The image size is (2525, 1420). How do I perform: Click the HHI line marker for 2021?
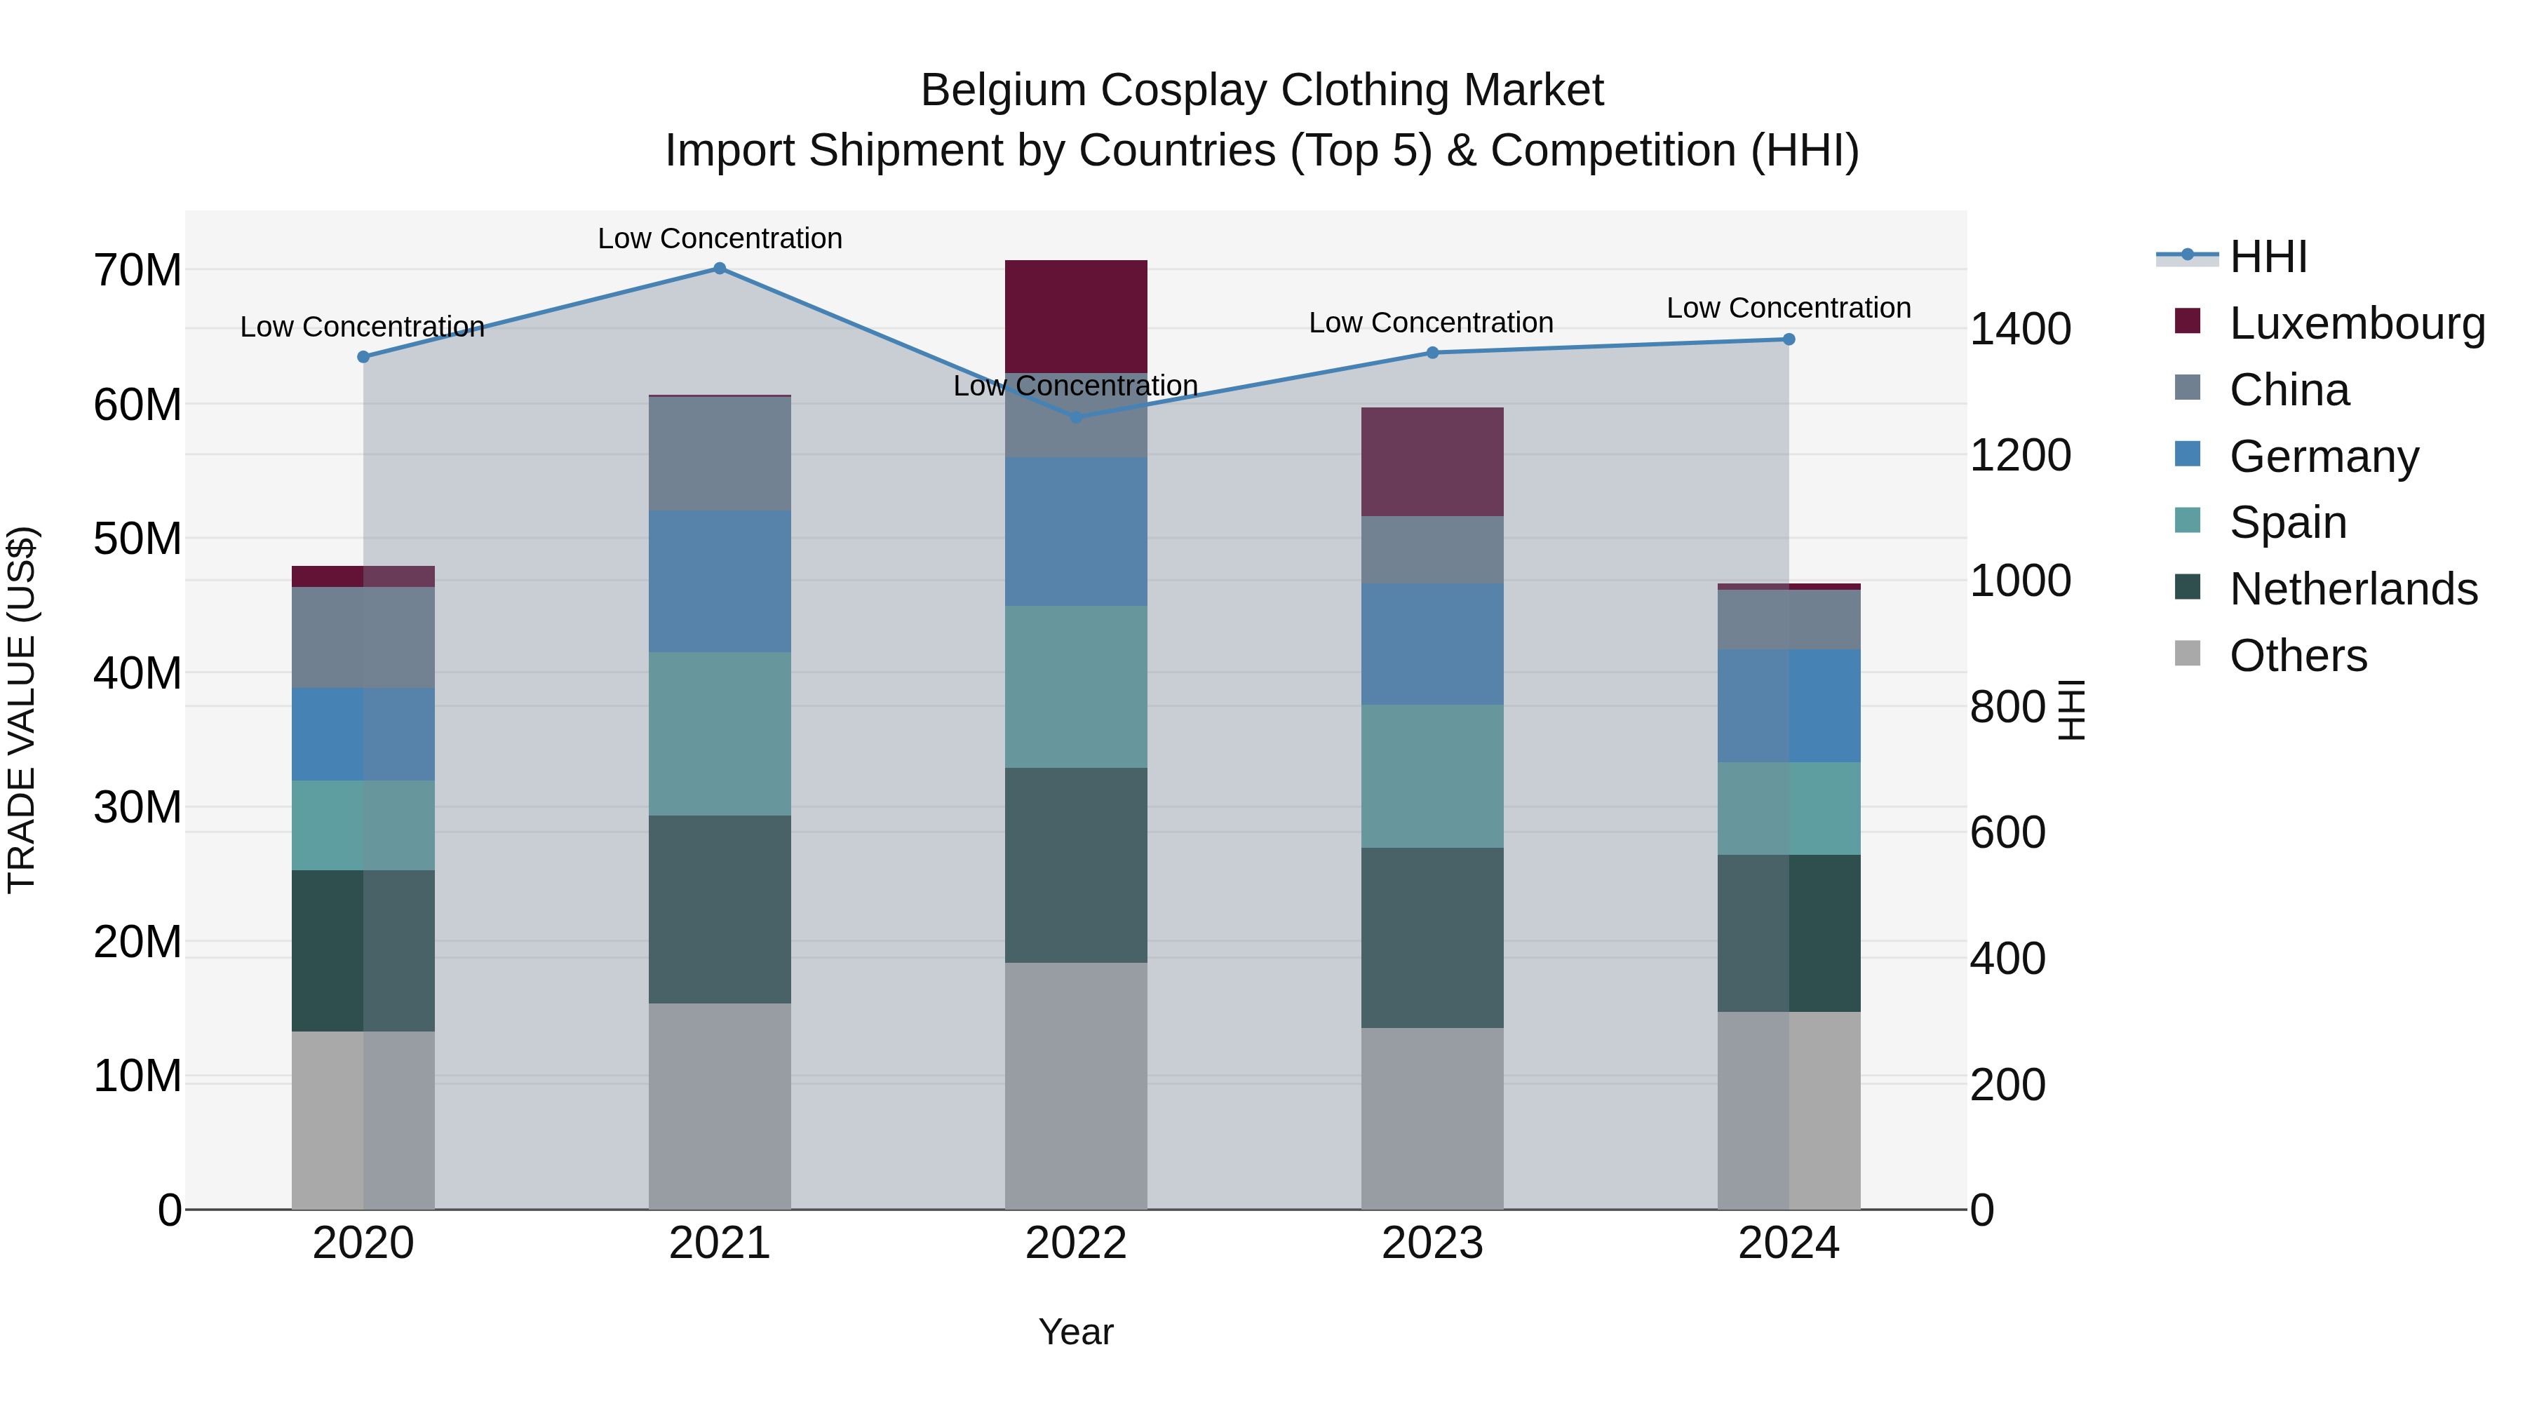pos(720,269)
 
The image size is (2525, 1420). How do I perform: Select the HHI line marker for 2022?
pos(1075,417)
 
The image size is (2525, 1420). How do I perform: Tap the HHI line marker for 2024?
pos(1788,339)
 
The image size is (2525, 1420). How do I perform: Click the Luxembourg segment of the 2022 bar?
pos(1075,316)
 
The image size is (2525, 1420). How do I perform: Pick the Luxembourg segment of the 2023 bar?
pos(1432,461)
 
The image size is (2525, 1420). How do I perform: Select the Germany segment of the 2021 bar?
pos(720,581)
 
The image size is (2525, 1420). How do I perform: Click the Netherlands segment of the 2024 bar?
pos(1788,933)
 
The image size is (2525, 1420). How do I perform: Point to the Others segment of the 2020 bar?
pos(363,1120)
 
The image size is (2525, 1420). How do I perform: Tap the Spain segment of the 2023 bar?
pos(1432,776)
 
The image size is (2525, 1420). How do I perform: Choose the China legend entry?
pos(2289,390)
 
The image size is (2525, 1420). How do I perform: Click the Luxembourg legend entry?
pos(2357,323)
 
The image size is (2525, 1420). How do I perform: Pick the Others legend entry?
pos(2298,656)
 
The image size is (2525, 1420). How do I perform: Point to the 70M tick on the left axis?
pos(137,271)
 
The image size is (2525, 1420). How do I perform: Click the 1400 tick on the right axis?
pos(2020,330)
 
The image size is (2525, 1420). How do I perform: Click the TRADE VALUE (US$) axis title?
pos(22,710)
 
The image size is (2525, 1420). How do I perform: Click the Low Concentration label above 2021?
pos(720,238)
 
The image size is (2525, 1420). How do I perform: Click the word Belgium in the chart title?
pos(1003,91)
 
